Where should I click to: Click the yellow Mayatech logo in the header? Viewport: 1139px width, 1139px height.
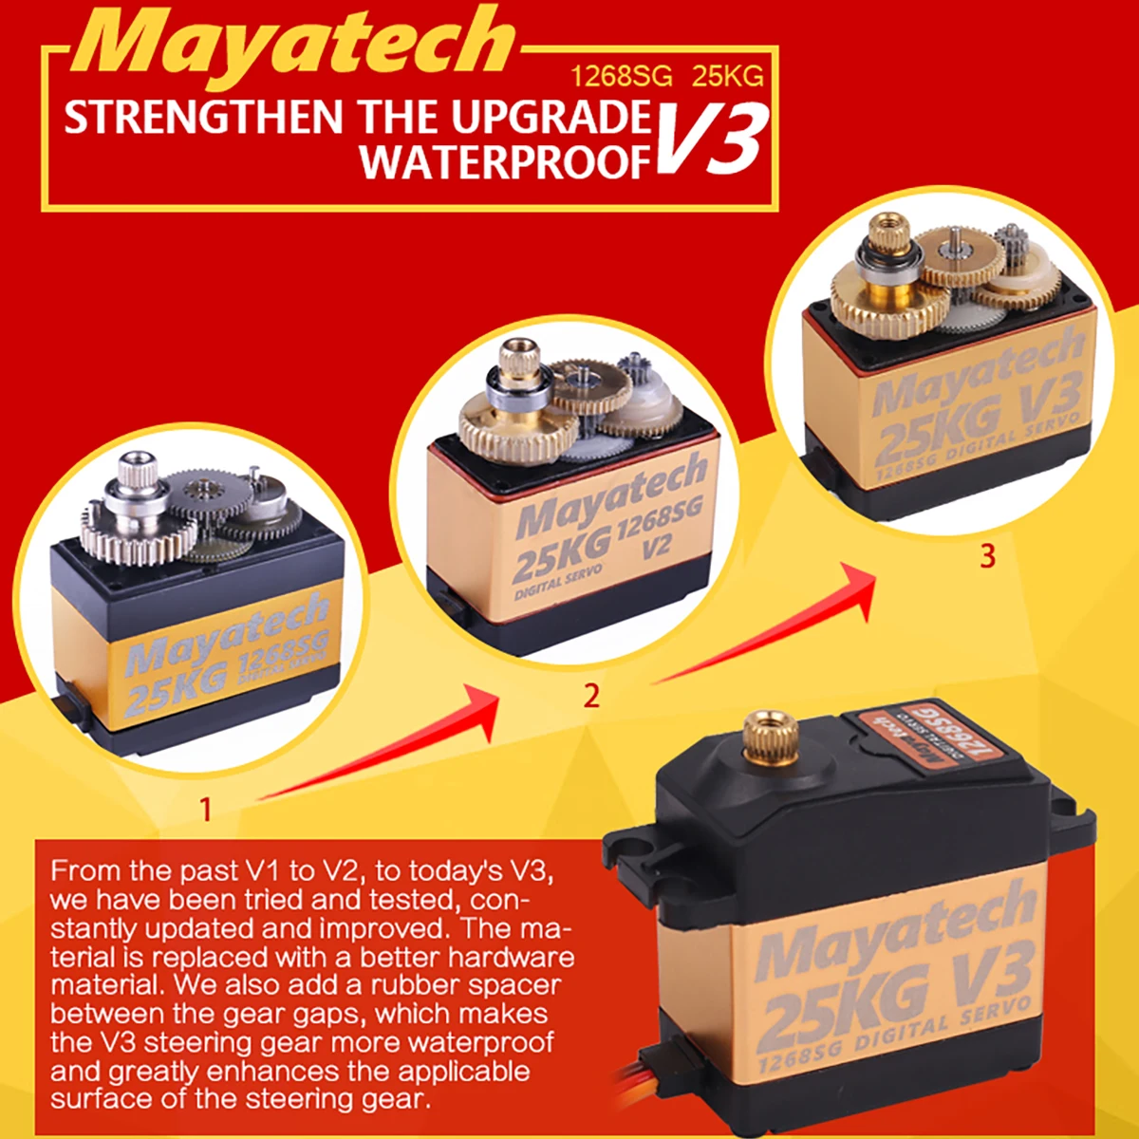click(x=294, y=43)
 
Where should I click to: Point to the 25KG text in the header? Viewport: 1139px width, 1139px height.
click(x=727, y=77)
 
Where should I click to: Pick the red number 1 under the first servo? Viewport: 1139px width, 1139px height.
click(x=205, y=809)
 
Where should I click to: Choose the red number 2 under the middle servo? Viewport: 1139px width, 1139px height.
click(x=591, y=696)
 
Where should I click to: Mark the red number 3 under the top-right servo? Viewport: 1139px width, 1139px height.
click(x=987, y=555)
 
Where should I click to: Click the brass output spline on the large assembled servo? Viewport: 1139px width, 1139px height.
click(x=765, y=738)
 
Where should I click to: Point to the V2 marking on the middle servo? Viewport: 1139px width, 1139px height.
click(x=656, y=547)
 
